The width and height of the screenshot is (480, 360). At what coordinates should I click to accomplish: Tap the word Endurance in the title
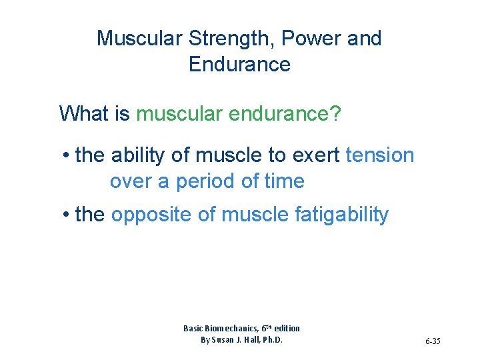(x=239, y=65)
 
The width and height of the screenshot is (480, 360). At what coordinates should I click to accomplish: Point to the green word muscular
(x=179, y=113)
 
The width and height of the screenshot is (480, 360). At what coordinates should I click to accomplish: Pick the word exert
(x=315, y=155)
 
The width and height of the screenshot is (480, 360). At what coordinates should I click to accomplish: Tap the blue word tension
(x=380, y=155)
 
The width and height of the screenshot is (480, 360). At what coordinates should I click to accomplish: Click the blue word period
(x=184, y=181)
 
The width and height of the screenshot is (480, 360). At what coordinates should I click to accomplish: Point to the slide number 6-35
(x=432, y=341)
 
